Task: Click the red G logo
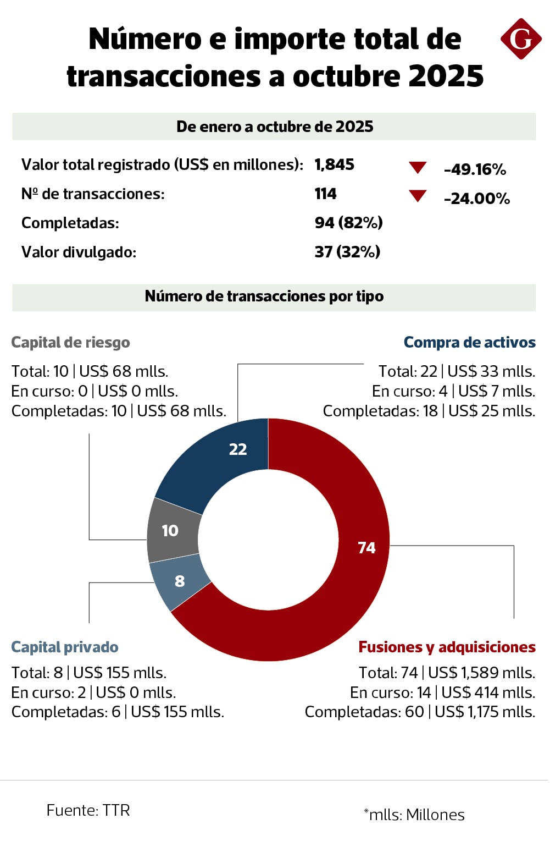click(520, 39)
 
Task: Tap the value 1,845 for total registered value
click(334, 164)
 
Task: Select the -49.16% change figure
click(475, 169)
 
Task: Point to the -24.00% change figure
click(477, 199)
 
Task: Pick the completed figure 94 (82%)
click(348, 223)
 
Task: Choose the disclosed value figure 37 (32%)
click(347, 252)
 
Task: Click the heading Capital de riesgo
click(70, 343)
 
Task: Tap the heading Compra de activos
click(469, 343)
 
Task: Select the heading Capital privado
click(65, 647)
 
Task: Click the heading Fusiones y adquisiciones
click(447, 647)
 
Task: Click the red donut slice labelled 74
click(352, 578)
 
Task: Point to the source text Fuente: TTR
click(88, 811)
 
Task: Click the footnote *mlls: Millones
click(414, 815)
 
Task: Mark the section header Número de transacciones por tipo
click(264, 296)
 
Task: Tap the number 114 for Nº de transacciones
click(325, 194)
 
